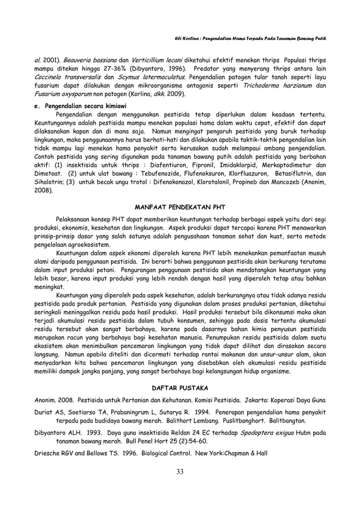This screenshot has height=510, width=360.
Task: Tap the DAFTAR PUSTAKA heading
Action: tap(179, 389)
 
